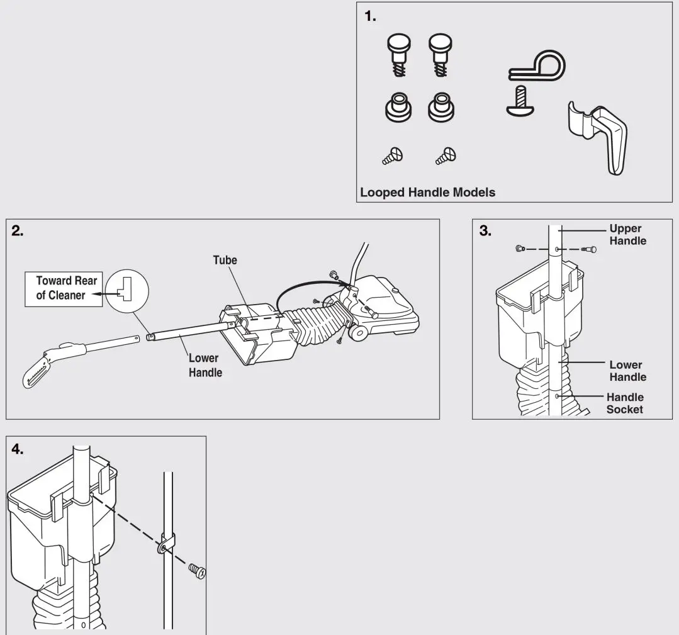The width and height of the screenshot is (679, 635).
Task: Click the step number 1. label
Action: pyautogui.click(x=370, y=18)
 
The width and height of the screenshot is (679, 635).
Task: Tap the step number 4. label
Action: pyautogui.click(x=19, y=449)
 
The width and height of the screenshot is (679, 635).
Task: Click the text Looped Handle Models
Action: pyautogui.click(x=427, y=193)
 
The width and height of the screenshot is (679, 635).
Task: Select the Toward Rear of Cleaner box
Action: pyautogui.click(x=64, y=289)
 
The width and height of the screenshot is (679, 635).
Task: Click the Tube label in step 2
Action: pyautogui.click(x=225, y=260)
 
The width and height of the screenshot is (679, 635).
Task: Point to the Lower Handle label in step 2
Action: pyautogui.click(x=205, y=366)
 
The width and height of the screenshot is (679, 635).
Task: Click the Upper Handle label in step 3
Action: pyautogui.click(x=627, y=235)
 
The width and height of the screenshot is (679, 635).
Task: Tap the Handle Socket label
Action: pyautogui.click(x=625, y=403)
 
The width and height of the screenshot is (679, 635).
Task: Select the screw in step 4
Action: pyautogui.click(x=197, y=571)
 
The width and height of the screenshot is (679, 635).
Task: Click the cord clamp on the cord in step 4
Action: pyautogui.click(x=165, y=542)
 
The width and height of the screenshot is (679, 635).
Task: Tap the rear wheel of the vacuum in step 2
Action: pyautogui.click(x=358, y=332)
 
